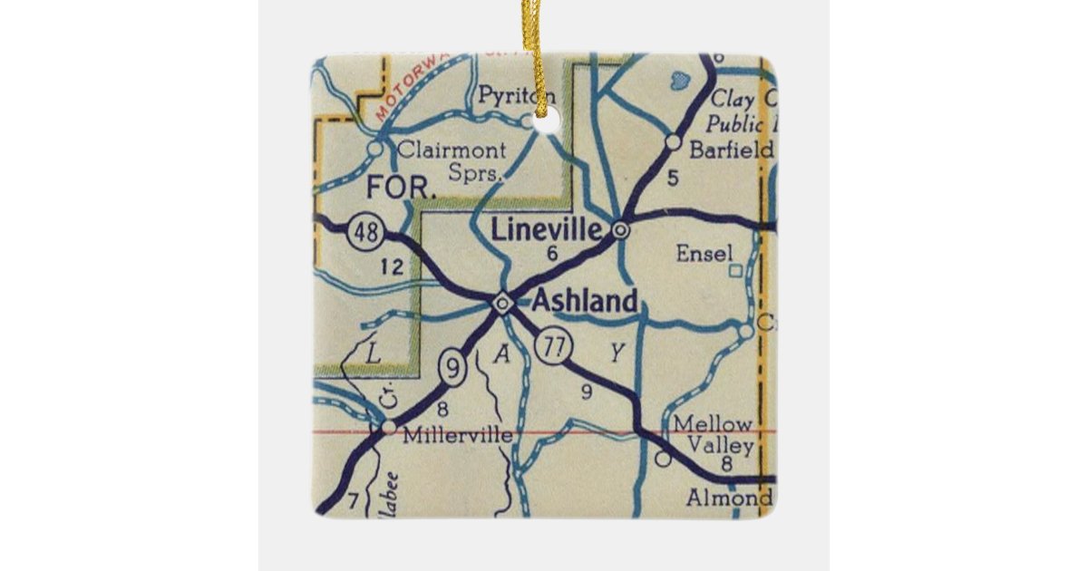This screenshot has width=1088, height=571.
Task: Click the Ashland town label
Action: [584, 302]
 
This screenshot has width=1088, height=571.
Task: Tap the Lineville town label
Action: [546, 229]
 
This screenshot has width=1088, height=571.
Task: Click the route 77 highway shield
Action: [551, 346]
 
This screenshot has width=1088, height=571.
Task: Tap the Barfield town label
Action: [731, 150]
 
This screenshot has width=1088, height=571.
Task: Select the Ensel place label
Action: [704, 254]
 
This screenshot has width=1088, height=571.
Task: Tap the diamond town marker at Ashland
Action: [503, 302]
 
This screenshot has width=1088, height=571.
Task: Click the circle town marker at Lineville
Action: [620, 230]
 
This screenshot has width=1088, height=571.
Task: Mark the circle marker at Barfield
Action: [673, 141]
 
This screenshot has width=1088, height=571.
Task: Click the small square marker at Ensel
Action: [736, 269]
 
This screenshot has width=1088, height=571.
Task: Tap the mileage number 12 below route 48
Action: [392, 266]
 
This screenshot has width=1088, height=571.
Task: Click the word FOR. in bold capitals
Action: [402, 189]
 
